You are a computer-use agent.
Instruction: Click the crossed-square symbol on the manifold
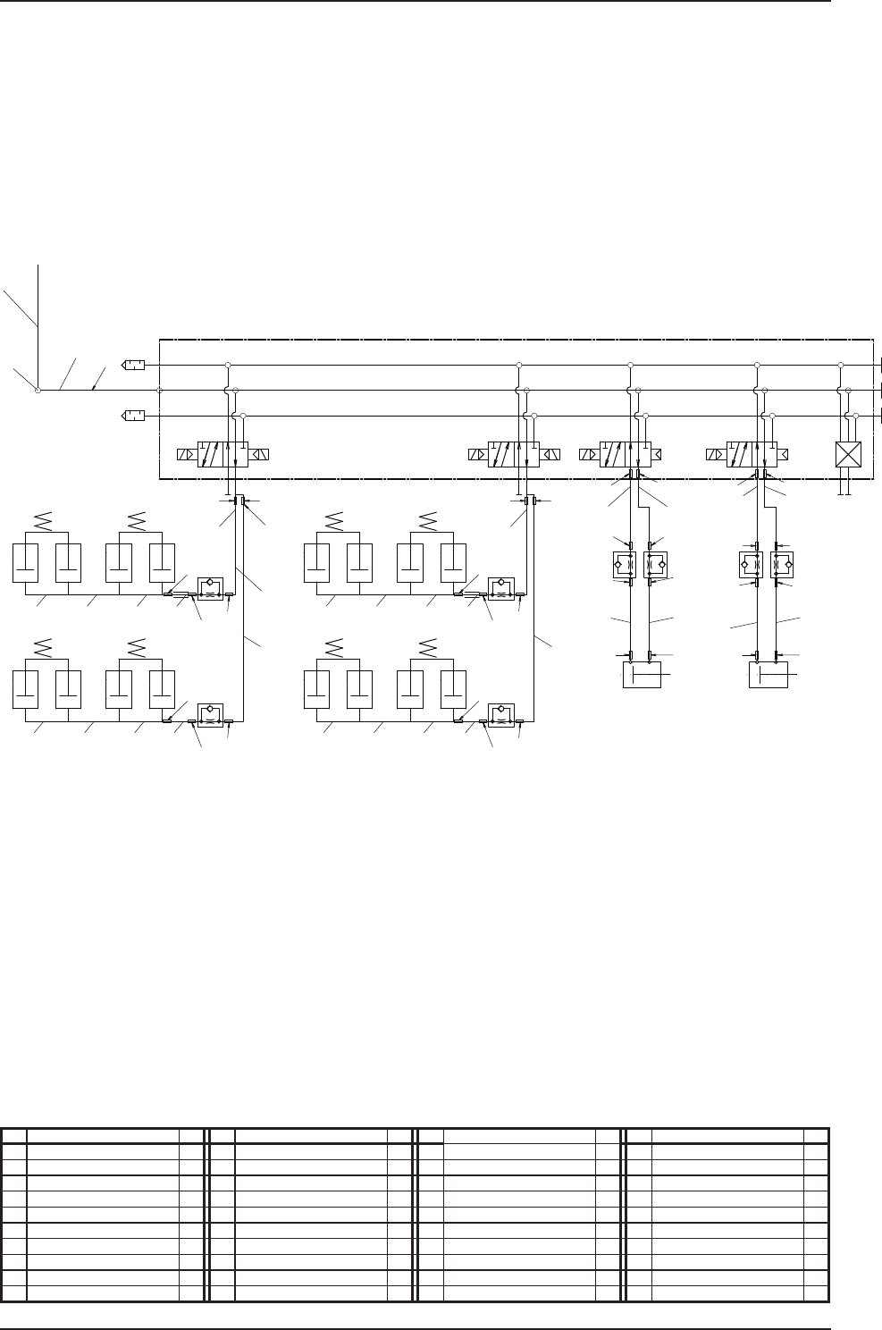845,455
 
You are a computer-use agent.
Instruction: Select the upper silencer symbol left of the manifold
134,365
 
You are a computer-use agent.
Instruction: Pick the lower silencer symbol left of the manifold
134,416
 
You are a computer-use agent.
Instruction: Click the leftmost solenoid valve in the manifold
223,454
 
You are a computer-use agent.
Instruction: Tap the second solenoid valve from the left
514,454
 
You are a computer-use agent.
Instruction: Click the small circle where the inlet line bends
38,390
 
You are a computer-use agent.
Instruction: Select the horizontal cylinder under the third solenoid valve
641,676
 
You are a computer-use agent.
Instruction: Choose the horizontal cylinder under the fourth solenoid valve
768,676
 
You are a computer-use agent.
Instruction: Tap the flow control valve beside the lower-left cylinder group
209,715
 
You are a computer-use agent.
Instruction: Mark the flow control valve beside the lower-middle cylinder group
500,715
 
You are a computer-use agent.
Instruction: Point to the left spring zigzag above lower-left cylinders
40,646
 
